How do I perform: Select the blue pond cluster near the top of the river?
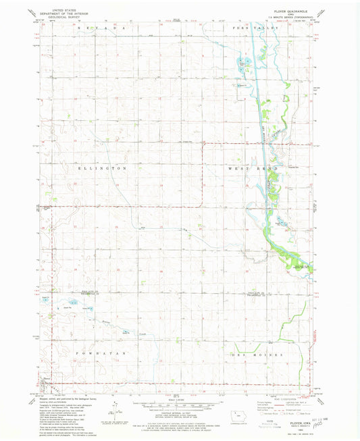pyautogui.click(x=242, y=65)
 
